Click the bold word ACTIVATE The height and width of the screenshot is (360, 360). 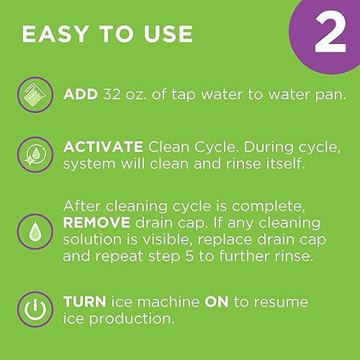pos(104,147)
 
